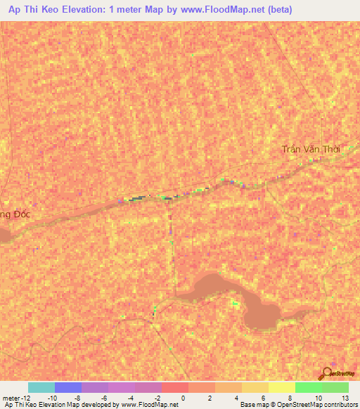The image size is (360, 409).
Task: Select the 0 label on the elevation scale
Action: click(183, 398)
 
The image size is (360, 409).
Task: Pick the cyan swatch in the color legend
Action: click(41, 387)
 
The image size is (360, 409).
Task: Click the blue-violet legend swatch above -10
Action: click(67, 387)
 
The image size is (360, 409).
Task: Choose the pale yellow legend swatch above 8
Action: click(281, 387)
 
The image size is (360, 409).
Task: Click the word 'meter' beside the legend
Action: click(10, 398)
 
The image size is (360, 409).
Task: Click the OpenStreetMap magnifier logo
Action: click(326, 374)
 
